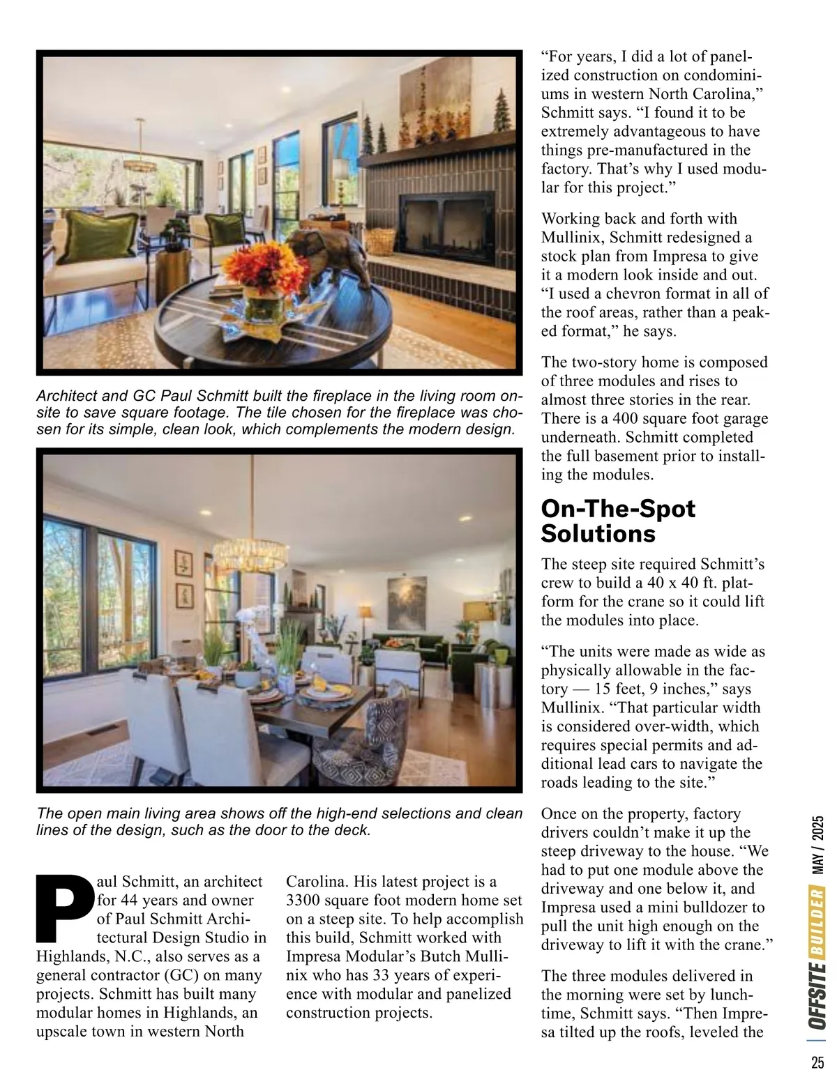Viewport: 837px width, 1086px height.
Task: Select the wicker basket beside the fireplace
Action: pyautogui.click(x=380, y=240)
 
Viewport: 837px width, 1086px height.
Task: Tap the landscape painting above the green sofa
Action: pyautogui.click(x=406, y=603)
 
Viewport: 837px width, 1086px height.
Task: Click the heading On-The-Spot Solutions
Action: pyautogui.click(x=618, y=521)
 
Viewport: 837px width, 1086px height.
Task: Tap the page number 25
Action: pyautogui.click(x=817, y=1063)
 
